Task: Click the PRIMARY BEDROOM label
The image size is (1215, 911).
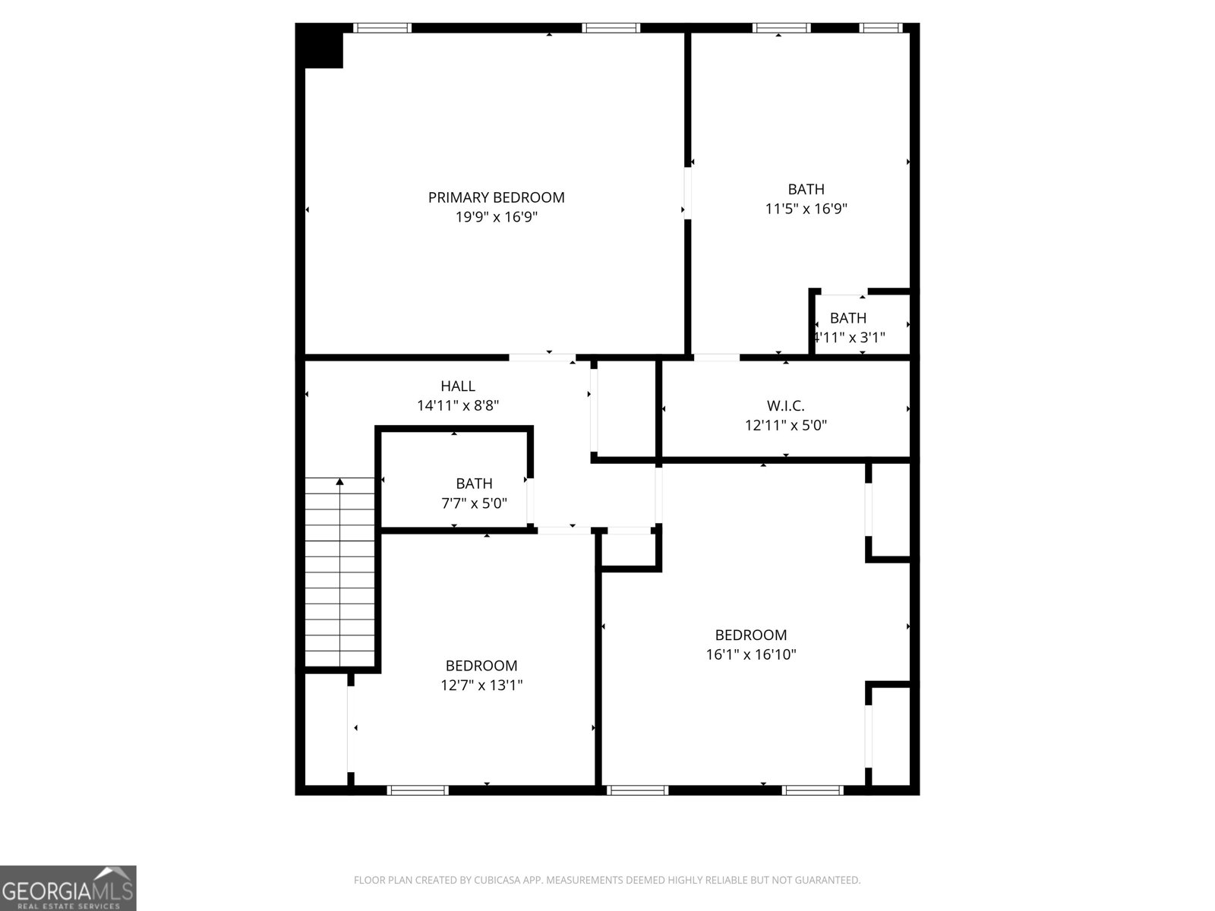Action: click(496, 197)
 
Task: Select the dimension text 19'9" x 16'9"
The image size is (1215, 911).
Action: click(496, 217)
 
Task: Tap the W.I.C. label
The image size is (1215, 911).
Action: click(785, 406)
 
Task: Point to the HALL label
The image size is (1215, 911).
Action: click(458, 386)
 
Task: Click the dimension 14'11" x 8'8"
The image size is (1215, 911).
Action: click(458, 405)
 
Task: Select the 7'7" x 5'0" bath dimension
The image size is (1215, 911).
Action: click(474, 503)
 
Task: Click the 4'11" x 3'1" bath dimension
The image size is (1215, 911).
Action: click(849, 337)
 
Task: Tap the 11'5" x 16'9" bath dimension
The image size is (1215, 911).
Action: click(806, 209)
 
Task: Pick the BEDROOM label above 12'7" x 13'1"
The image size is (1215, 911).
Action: click(481, 666)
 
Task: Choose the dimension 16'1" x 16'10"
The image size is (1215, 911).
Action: click(750, 654)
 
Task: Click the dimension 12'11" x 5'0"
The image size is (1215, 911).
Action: click(785, 425)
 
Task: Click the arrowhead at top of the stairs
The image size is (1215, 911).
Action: click(340, 481)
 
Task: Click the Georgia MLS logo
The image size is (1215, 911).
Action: click(68, 888)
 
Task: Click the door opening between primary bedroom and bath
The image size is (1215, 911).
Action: click(688, 193)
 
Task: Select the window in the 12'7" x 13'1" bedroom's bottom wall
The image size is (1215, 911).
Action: click(418, 790)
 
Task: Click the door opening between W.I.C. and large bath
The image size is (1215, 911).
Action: click(716, 357)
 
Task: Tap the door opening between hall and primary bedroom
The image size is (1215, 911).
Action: click(541, 357)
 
